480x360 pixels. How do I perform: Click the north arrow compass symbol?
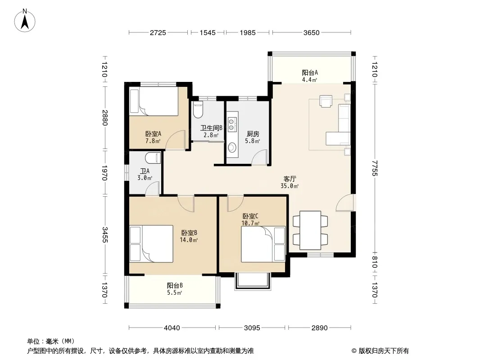click(x=25, y=20)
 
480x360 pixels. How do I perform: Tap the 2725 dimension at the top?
click(x=158, y=32)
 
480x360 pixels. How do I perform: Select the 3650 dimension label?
click(x=311, y=32)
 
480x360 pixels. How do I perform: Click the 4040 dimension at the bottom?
click(x=172, y=328)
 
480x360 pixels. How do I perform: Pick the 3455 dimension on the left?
click(x=105, y=234)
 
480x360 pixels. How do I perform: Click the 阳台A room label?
click(x=310, y=72)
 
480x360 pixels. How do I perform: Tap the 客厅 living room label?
click(x=290, y=179)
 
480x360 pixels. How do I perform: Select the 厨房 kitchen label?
click(x=253, y=134)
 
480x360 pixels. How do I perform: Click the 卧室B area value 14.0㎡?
click(x=189, y=240)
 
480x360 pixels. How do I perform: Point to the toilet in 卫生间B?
click(x=199, y=110)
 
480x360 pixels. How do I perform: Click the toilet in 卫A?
click(x=153, y=158)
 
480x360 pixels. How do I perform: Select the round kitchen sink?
click(x=232, y=148)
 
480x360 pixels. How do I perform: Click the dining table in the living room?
click(x=310, y=230)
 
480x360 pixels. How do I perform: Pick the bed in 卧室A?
click(x=154, y=101)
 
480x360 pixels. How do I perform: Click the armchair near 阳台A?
click(x=326, y=101)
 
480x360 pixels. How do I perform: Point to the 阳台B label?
click(x=175, y=285)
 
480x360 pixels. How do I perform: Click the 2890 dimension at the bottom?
click(x=320, y=328)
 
